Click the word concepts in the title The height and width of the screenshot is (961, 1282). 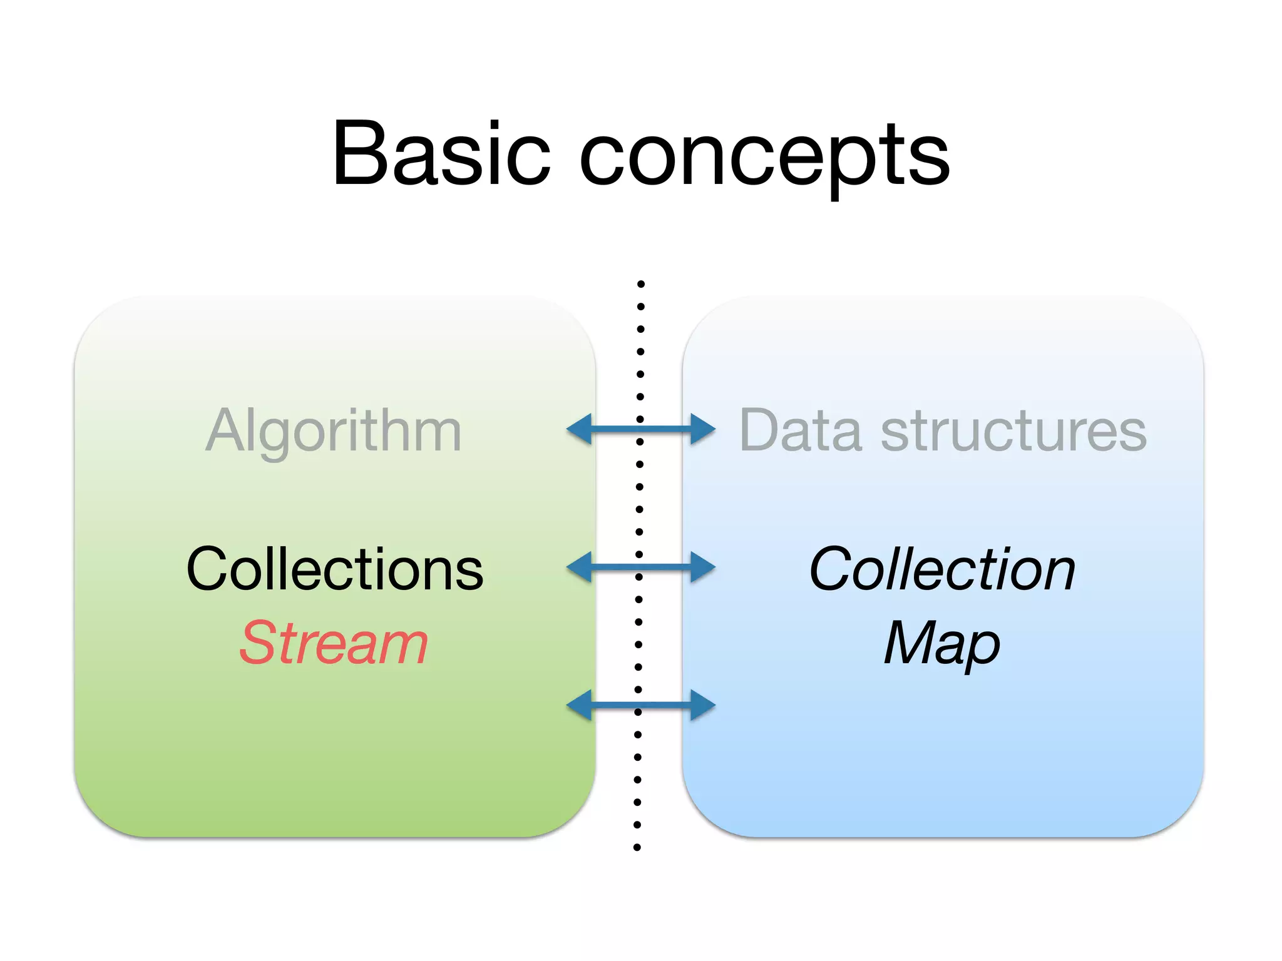pos(764,156)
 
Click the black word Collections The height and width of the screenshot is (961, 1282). pos(335,569)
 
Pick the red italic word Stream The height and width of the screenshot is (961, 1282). pos(334,643)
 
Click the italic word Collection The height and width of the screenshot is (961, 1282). pos(942,569)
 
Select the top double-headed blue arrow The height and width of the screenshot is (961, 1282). pos(640,429)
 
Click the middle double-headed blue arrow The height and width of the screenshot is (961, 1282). pos(640,567)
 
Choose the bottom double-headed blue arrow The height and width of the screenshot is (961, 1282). pos(640,705)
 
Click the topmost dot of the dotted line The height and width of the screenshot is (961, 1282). pos(641,284)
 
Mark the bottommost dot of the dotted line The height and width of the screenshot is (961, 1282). pos(637,848)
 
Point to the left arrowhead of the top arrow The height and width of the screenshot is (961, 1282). pos(580,429)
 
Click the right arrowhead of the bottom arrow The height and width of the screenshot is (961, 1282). pos(702,705)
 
